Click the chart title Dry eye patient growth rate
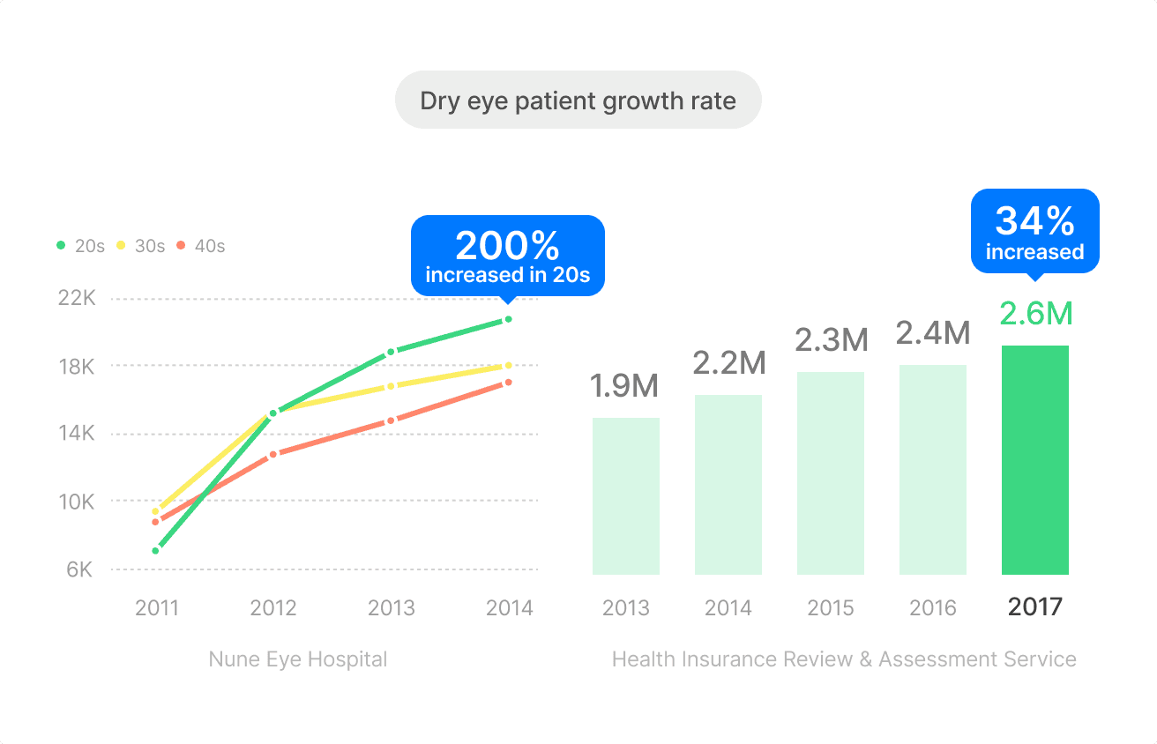coord(578,100)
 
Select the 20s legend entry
coord(80,246)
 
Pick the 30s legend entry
coord(140,246)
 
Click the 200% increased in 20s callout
coord(508,256)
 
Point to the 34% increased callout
coord(1034,231)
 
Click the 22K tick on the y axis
coord(76,298)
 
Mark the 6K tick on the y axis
coord(79,569)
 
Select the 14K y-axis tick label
coord(76,434)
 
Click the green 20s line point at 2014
coord(508,319)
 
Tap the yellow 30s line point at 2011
coord(156,511)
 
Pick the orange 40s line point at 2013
coord(391,420)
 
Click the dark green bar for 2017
coord(1034,459)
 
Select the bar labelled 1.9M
coord(626,495)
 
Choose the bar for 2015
coord(831,472)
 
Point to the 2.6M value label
coord(1035,314)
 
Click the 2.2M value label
coord(728,362)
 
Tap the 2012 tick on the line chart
coord(273,607)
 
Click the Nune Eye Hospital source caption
coord(298,659)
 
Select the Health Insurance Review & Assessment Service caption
coord(844,659)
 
